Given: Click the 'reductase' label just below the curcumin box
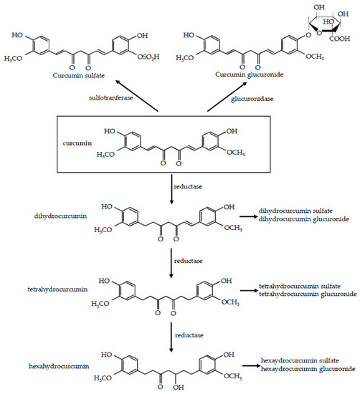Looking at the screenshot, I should click(x=195, y=184).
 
